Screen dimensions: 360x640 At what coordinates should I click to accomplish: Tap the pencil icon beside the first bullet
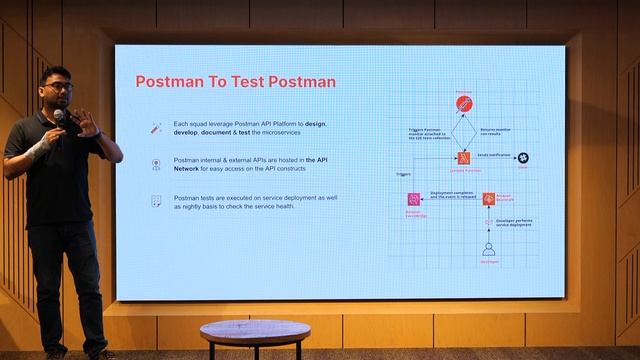coord(155,128)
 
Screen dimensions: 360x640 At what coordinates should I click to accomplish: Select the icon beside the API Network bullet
coord(155,164)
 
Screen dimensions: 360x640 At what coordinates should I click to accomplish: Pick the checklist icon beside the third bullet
coord(155,201)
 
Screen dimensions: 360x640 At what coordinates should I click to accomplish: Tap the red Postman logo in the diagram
coord(464,104)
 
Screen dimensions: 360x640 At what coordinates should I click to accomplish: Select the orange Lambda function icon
coord(464,158)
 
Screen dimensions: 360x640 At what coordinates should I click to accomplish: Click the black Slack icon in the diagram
coord(522,158)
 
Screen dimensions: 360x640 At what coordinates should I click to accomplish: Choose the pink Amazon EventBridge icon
coord(412,199)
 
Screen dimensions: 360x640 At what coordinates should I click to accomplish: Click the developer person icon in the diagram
coord(489,248)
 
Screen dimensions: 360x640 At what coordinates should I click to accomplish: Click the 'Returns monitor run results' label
coord(500,131)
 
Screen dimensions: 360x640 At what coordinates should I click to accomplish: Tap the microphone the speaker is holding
coord(58,117)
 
